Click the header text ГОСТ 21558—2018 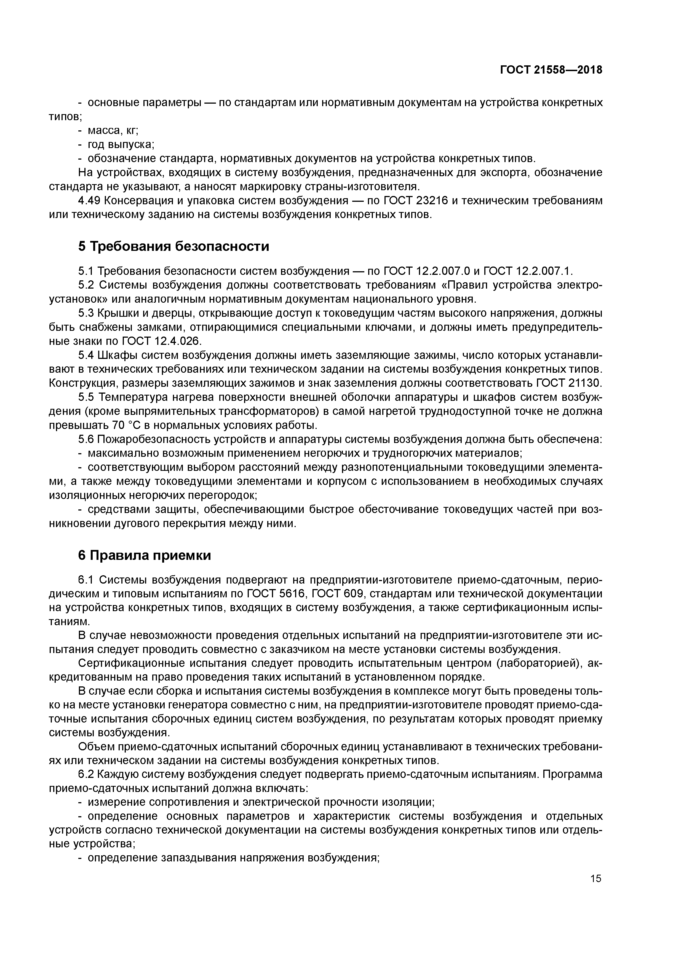coord(551,70)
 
